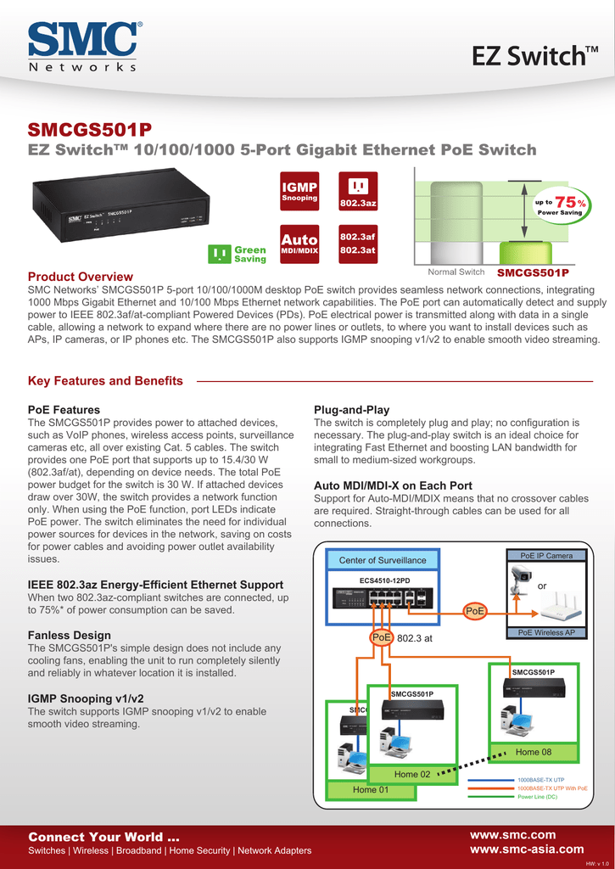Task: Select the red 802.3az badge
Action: click(x=358, y=193)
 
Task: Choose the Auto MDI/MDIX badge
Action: click(x=299, y=244)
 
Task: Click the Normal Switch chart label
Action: click(x=456, y=272)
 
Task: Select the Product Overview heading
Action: click(x=81, y=277)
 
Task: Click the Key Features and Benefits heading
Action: click(x=105, y=381)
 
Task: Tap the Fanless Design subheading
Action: click(x=70, y=635)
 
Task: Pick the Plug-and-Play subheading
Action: click(x=351, y=410)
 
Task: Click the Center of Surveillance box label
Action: click(x=383, y=560)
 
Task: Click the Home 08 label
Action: click(x=533, y=752)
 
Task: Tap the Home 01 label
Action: click(x=371, y=789)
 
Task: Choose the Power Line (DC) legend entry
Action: click(x=537, y=797)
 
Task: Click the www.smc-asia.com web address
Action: click(x=526, y=849)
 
